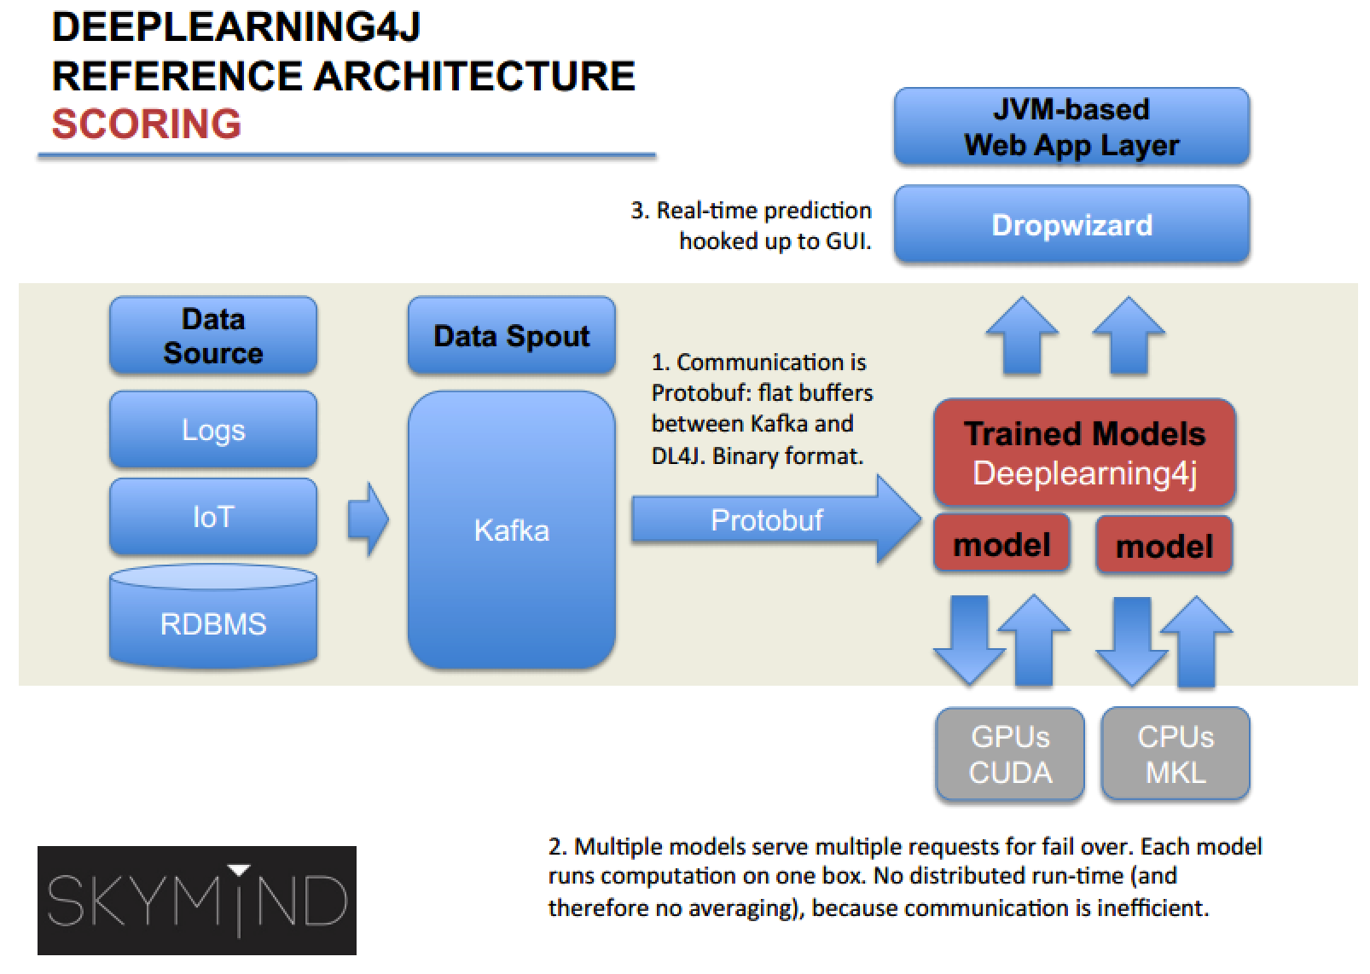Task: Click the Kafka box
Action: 511,530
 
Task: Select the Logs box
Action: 213,429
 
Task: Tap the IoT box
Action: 213,516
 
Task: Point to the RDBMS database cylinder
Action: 213,618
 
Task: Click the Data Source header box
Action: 213,335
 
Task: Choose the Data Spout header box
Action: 511,335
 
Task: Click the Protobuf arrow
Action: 768,519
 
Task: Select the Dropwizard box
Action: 1071,224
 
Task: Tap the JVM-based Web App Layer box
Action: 1071,127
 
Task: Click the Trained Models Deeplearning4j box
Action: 1084,453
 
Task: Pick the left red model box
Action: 1001,544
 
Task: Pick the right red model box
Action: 1164,546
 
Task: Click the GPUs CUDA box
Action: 1010,755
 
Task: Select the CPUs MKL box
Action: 1175,755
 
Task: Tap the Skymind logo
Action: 197,900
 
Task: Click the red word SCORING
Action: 147,124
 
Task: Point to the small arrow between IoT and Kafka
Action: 368,519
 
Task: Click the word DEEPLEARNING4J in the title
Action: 236,27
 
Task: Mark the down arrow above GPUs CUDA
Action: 969,640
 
